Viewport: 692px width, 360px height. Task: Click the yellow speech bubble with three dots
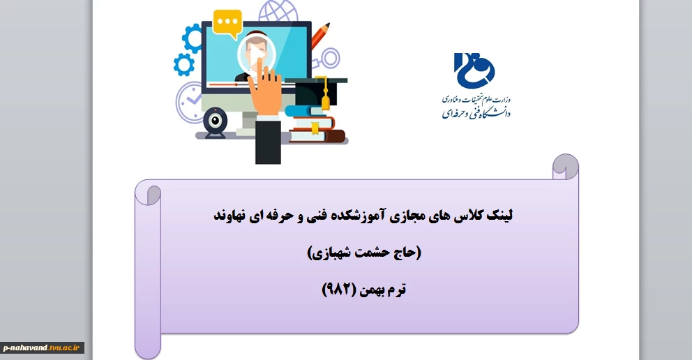pyautogui.click(x=227, y=23)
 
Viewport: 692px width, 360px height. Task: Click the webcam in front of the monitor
pyautogui.click(x=215, y=122)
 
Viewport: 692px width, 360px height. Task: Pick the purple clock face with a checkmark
pyautogui.click(x=189, y=101)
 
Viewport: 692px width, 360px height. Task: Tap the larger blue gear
pyautogui.click(x=193, y=38)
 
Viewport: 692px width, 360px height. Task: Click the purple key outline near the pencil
pyautogui.click(x=326, y=59)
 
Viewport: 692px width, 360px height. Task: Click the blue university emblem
pyautogui.click(x=474, y=70)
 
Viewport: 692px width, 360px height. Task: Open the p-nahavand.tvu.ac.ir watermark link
pyautogui.click(x=43, y=348)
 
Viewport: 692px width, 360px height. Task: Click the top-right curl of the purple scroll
pyautogui.click(x=565, y=166)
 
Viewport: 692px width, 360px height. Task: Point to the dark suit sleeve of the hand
pyautogui.click(x=268, y=141)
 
